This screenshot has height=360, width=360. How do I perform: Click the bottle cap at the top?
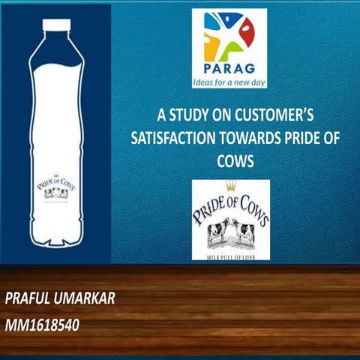55,24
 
